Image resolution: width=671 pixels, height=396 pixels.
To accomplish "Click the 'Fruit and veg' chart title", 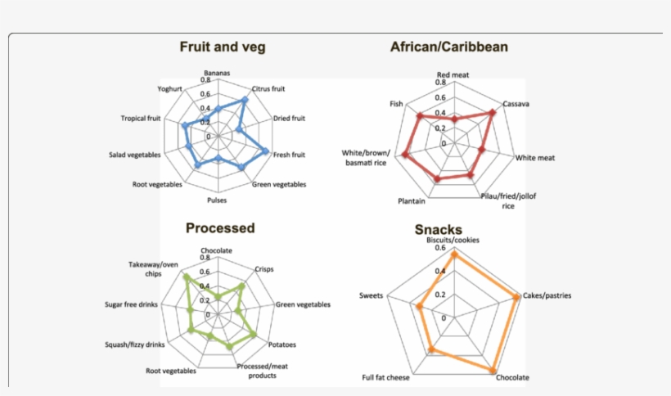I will click(223, 47).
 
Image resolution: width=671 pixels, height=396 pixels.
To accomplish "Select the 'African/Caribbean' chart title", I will click(448, 47).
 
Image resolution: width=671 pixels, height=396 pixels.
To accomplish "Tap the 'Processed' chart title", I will click(220, 228).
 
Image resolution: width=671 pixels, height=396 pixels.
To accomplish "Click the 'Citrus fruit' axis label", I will click(268, 88).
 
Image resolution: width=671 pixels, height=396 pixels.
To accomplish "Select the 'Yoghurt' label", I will click(171, 88).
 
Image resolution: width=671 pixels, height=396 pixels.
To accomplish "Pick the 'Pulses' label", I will click(217, 200).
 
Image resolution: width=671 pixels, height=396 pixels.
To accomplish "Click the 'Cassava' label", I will click(516, 104).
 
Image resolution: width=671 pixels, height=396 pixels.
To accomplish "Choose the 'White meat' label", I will click(534, 158).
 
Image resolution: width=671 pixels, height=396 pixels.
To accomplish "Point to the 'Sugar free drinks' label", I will click(133, 304).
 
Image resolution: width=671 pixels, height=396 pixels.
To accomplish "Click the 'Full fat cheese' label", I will click(386, 378).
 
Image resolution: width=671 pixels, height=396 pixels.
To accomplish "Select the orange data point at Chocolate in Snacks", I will click(493, 371).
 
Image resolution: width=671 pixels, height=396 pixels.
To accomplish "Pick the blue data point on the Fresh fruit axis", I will click(267, 150).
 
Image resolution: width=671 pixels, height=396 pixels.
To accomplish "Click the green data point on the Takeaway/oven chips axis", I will click(185, 277).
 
